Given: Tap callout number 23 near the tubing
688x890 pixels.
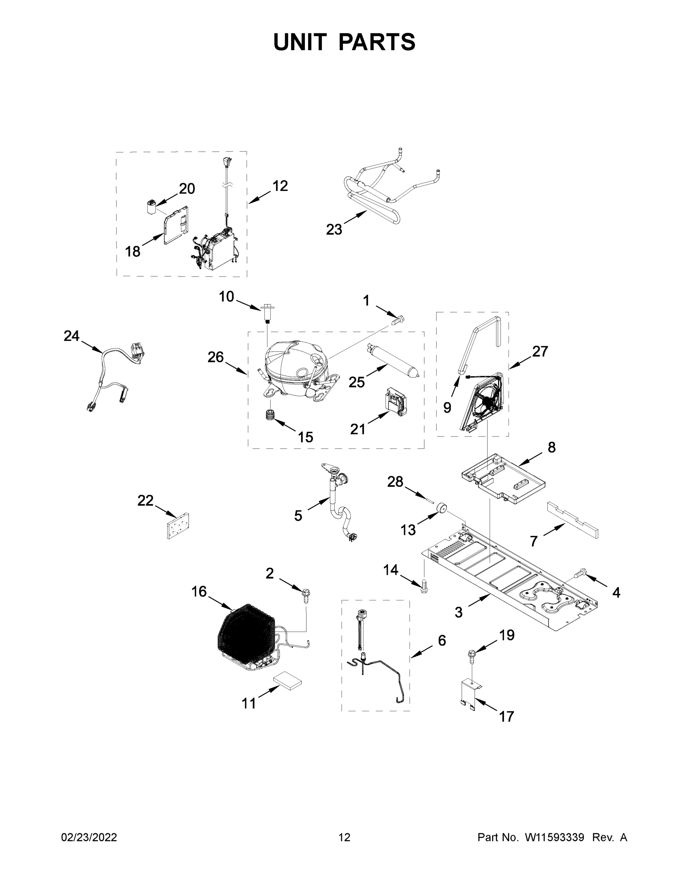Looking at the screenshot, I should (x=334, y=230).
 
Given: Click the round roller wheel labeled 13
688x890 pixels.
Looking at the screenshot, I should (x=441, y=509).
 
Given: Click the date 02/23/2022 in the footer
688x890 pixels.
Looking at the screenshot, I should (x=89, y=837).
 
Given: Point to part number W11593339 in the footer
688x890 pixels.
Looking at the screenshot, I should (x=554, y=837).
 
